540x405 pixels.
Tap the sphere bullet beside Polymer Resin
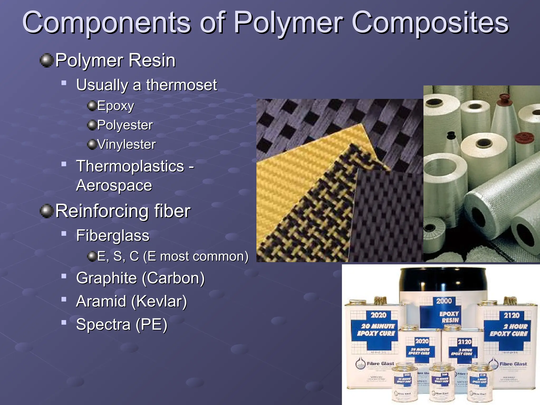(x=47, y=60)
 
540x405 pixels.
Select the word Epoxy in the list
(x=115, y=106)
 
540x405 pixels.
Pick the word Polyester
(x=125, y=125)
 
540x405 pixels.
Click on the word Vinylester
(x=126, y=144)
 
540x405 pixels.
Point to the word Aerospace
(x=114, y=185)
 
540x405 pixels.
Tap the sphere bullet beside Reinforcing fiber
(x=47, y=211)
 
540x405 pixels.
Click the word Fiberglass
(x=113, y=235)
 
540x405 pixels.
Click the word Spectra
(x=103, y=324)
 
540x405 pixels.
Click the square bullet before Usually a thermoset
(x=64, y=83)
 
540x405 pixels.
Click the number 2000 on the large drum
(x=444, y=301)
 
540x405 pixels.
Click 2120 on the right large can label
(x=512, y=315)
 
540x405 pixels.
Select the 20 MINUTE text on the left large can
(x=378, y=326)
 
